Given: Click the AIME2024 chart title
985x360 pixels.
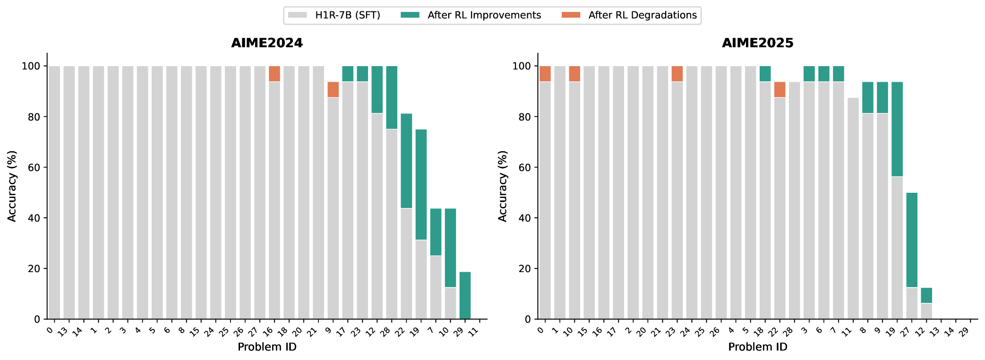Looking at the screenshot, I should click(x=267, y=43).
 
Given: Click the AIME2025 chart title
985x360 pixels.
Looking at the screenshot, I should click(x=757, y=43).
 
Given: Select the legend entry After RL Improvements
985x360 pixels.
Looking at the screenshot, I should click(x=484, y=15).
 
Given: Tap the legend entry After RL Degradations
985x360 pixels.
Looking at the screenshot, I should click(x=642, y=15).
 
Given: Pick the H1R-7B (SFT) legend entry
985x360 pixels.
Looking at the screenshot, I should click(x=347, y=15).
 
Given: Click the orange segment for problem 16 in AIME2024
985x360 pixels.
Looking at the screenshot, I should click(x=274, y=74).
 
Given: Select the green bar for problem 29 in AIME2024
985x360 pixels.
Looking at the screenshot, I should click(x=465, y=295).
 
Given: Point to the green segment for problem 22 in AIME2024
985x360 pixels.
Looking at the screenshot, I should click(x=406, y=161).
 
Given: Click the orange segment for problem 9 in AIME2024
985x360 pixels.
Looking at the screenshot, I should click(x=333, y=90).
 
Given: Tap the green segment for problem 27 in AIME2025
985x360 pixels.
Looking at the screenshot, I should click(x=912, y=240).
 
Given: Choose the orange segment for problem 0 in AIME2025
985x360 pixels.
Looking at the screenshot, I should click(x=545, y=74).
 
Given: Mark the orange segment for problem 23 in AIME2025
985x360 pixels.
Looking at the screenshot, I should click(x=677, y=74).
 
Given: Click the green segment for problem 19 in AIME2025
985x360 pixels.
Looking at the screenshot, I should click(x=897, y=129).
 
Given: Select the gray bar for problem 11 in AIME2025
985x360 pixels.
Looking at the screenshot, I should click(x=853, y=208).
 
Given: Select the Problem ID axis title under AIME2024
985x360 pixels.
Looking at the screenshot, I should click(x=267, y=347).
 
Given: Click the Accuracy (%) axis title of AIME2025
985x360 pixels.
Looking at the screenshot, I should click(x=503, y=186).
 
